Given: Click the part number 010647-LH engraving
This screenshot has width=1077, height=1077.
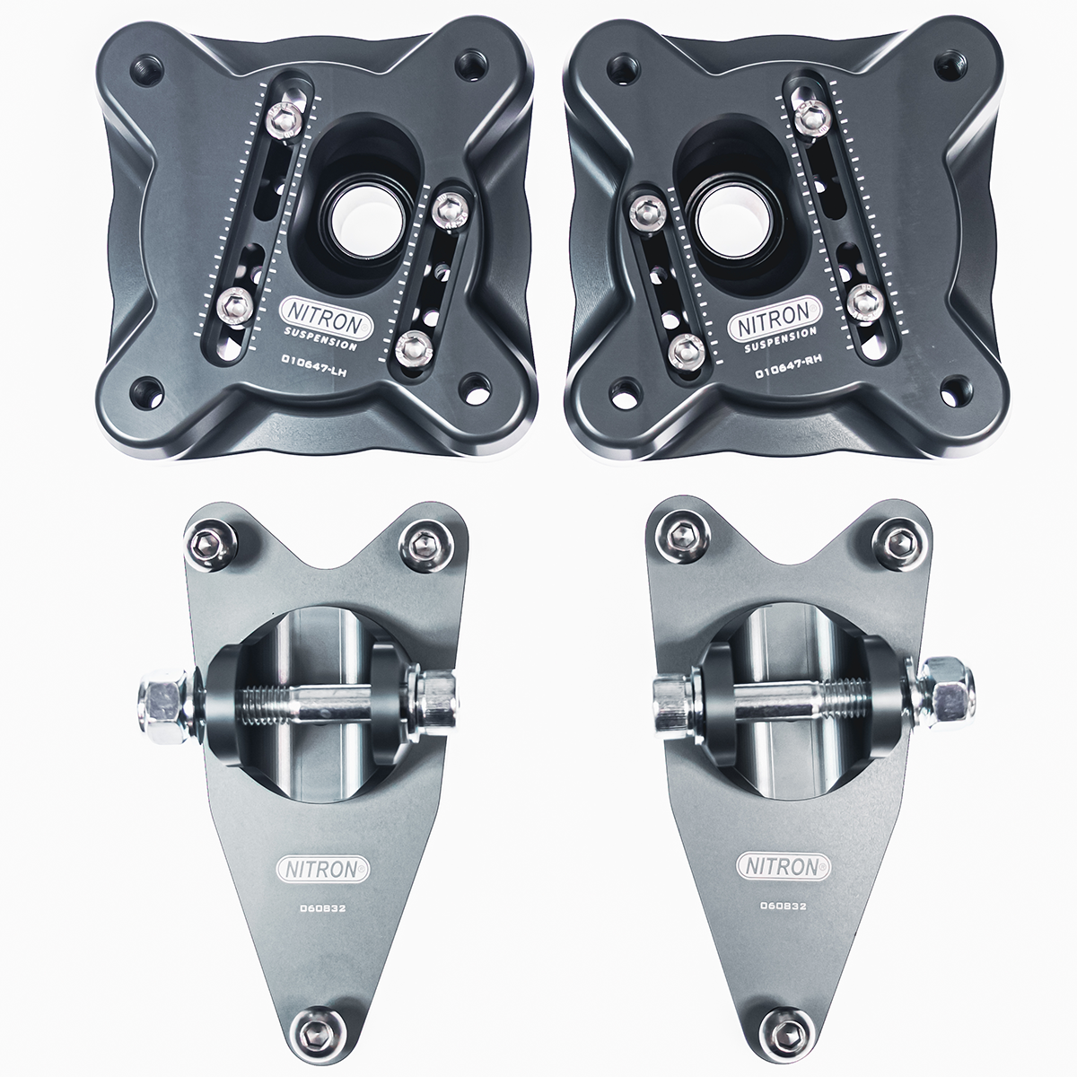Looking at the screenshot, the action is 315,370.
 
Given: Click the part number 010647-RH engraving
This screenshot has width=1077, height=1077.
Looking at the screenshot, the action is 787,370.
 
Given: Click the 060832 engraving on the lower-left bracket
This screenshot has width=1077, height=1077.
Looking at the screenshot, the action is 323,908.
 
